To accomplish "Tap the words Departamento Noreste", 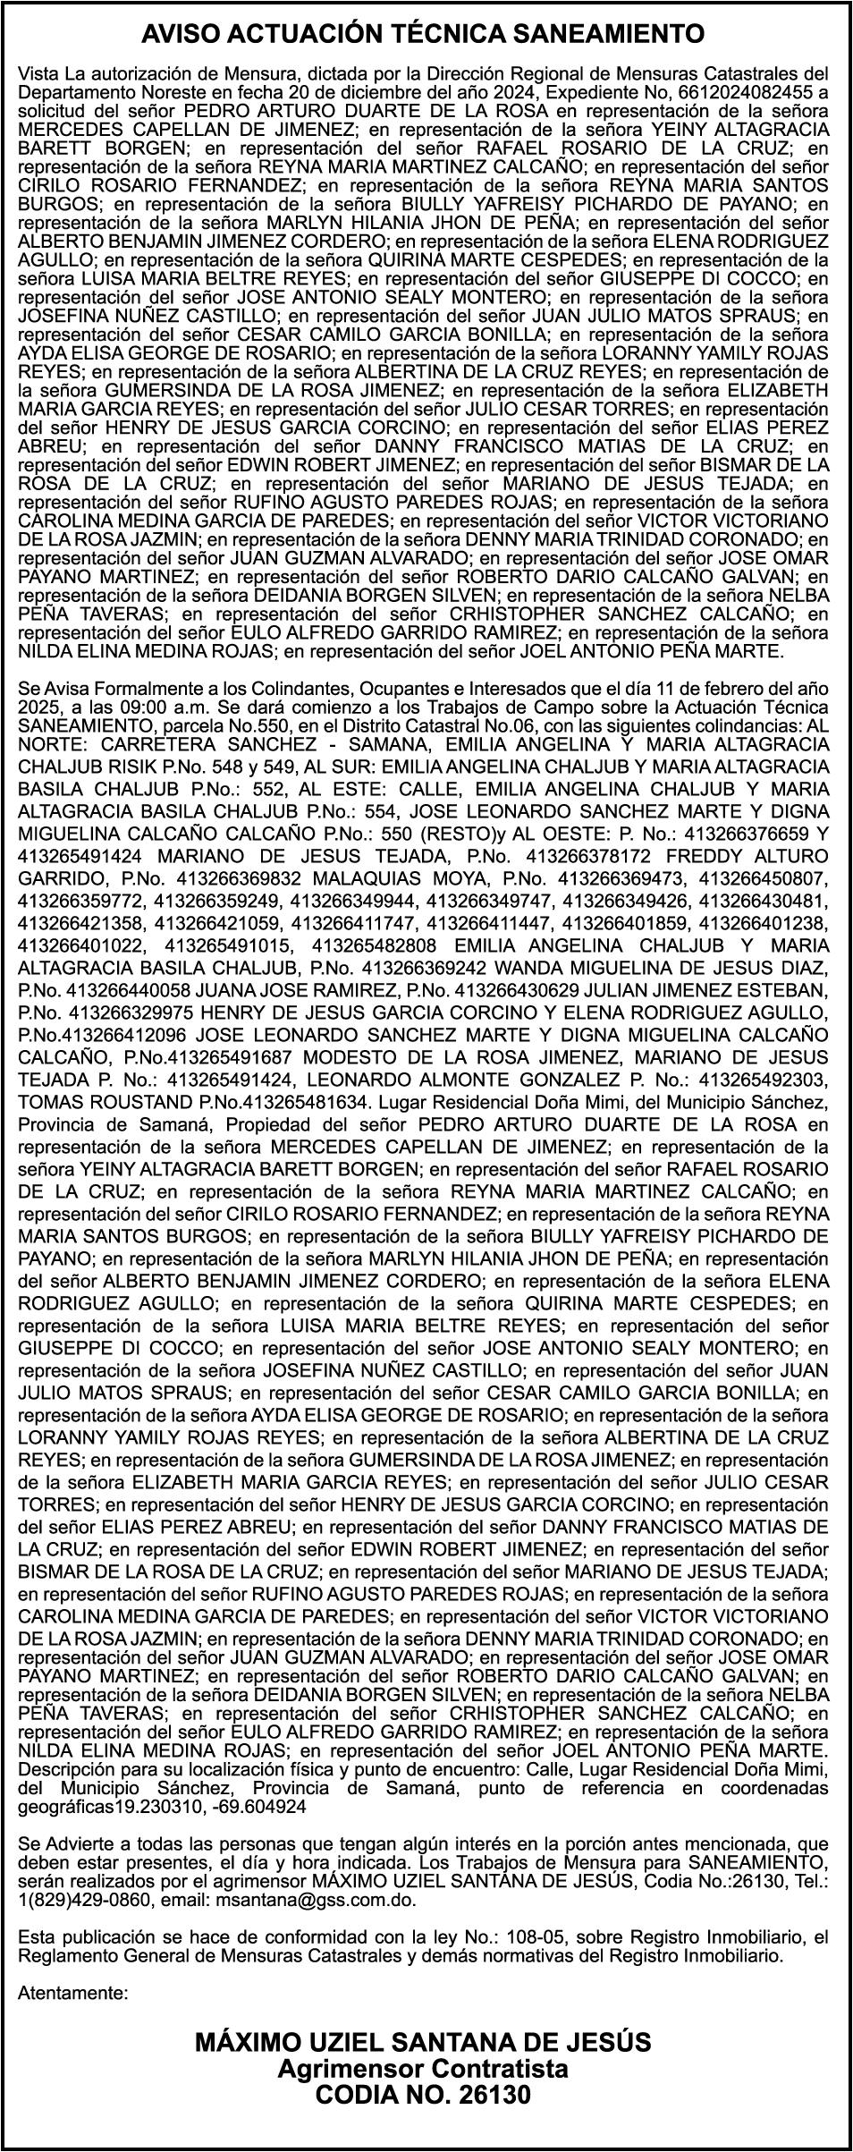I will coord(102,92).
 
